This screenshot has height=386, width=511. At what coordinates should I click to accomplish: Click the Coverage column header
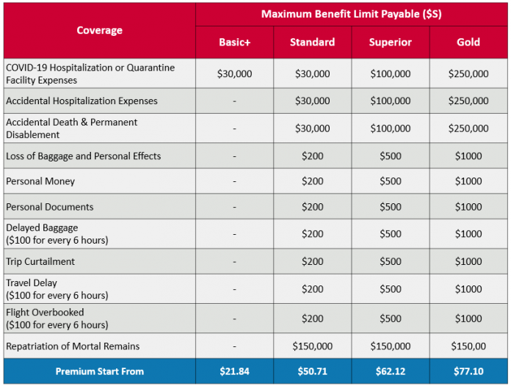click(99, 31)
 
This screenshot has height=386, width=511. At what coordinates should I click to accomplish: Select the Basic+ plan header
click(234, 42)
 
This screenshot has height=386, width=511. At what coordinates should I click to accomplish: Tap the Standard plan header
click(312, 42)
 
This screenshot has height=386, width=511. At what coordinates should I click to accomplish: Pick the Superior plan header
click(390, 42)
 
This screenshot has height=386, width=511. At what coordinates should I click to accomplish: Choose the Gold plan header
click(468, 42)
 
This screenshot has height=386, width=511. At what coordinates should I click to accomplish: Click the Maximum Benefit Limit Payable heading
click(351, 14)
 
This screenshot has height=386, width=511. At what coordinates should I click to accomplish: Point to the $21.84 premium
click(234, 371)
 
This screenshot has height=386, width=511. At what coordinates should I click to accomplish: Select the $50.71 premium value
click(312, 371)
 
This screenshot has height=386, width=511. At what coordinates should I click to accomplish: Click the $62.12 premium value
click(390, 371)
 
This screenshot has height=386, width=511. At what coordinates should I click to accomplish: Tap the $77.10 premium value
click(468, 371)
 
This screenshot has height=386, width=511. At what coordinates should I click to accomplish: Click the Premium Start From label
click(99, 371)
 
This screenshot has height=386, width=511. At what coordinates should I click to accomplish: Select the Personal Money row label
click(40, 181)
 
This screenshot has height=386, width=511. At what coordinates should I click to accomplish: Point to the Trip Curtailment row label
click(40, 261)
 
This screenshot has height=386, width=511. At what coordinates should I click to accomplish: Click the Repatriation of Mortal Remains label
click(73, 346)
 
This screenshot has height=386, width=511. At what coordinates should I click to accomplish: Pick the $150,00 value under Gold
click(468, 346)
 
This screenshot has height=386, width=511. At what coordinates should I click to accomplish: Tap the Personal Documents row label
click(50, 207)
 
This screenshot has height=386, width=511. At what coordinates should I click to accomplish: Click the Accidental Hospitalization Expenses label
click(81, 101)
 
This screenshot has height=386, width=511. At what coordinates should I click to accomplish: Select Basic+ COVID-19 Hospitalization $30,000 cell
click(234, 73)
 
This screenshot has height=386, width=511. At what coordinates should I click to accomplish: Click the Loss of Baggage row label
click(83, 156)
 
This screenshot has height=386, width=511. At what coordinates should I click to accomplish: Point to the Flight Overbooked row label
click(46, 313)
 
